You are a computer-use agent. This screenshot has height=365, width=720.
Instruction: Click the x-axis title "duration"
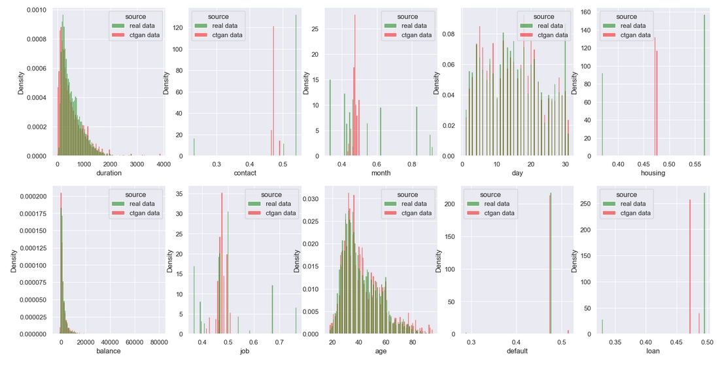(x=109, y=173)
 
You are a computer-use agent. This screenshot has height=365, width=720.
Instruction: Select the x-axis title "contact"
(x=245, y=173)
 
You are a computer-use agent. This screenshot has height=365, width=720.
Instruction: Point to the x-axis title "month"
(x=381, y=173)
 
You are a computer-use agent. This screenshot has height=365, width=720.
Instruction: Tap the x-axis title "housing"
(x=653, y=173)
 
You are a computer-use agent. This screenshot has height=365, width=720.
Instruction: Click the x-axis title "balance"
(x=109, y=351)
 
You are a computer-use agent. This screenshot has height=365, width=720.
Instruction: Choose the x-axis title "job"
(x=245, y=351)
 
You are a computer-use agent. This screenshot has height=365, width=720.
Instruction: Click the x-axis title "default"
(x=517, y=351)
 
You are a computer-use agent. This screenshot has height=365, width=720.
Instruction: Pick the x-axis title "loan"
(x=653, y=351)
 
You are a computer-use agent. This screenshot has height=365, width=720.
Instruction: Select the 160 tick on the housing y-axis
(x=567, y=11)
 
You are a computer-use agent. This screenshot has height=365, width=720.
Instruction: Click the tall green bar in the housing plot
(x=704, y=85)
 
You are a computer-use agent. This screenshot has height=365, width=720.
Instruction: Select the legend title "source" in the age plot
(x=407, y=195)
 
